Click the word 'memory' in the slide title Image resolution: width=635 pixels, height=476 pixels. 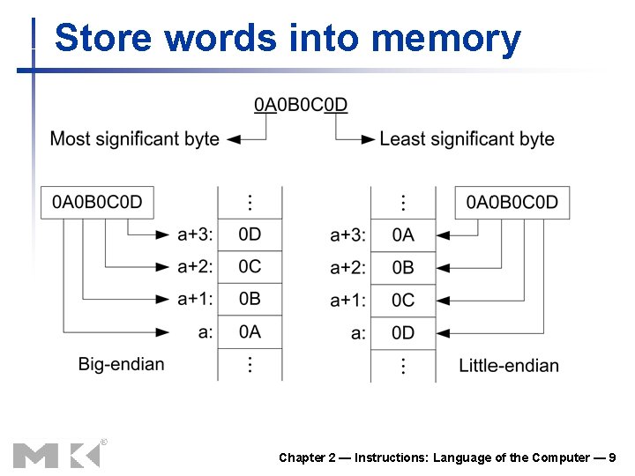click(x=446, y=39)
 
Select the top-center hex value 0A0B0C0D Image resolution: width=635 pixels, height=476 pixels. click(x=301, y=105)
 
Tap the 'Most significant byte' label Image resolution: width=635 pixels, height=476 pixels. click(x=134, y=138)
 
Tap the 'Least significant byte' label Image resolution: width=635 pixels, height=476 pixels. click(x=467, y=138)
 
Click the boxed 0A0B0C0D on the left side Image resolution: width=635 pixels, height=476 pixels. click(x=96, y=202)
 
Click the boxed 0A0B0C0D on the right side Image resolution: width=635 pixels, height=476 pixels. click(x=512, y=202)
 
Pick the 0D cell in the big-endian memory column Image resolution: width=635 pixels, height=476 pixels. click(x=250, y=234)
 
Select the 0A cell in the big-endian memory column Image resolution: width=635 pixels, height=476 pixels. click(x=250, y=331)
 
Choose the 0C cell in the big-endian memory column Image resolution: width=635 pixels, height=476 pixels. click(x=250, y=267)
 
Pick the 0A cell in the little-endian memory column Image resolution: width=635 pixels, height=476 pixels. click(x=403, y=234)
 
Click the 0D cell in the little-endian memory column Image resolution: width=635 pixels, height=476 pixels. click(x=403, y=332)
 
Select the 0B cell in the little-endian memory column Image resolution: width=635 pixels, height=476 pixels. click(x=403, y=267)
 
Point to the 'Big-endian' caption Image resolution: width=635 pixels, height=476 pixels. click(x=121, y=364)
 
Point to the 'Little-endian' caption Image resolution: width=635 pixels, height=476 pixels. click(x=509, y=365)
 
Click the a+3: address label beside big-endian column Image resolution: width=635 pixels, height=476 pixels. click(x=195, y=234)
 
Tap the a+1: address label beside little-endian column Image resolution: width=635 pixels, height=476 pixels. click(x=347, y=301)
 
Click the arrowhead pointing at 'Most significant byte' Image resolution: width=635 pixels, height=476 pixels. click(x=234, y=138)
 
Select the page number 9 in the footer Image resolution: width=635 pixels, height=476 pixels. click(x=612, y=457)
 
